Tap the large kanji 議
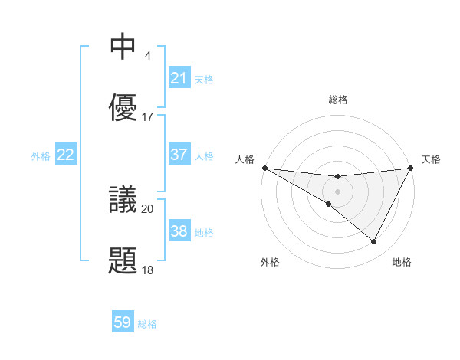coord(123,200)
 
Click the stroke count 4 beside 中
coord(147,56)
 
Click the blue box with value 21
coord(179,78)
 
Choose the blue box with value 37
coord(179,155)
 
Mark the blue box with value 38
coord(179,231)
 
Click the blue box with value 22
coord(66,155)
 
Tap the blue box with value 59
coord(123,323)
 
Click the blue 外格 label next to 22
coord(41,155)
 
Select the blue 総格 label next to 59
coord(147,324)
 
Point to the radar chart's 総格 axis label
coord(338,100)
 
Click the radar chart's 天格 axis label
coord(431,159)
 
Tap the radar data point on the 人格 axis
coord(264,168)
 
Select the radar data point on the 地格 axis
coord(374,242)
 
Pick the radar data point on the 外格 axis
coord(329,204)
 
